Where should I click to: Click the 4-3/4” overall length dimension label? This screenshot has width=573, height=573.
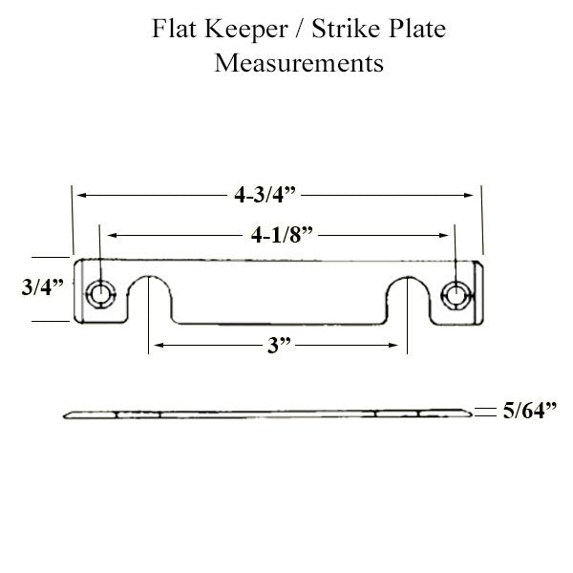[267, 195]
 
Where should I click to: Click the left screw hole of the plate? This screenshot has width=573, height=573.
[99, 292]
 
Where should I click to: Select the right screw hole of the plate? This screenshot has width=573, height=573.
[459, 292]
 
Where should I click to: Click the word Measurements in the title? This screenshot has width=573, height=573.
[299, 65]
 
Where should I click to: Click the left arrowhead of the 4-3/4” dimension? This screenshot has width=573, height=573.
[80, 195]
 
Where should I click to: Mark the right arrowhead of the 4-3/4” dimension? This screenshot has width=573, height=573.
[471, 195]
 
